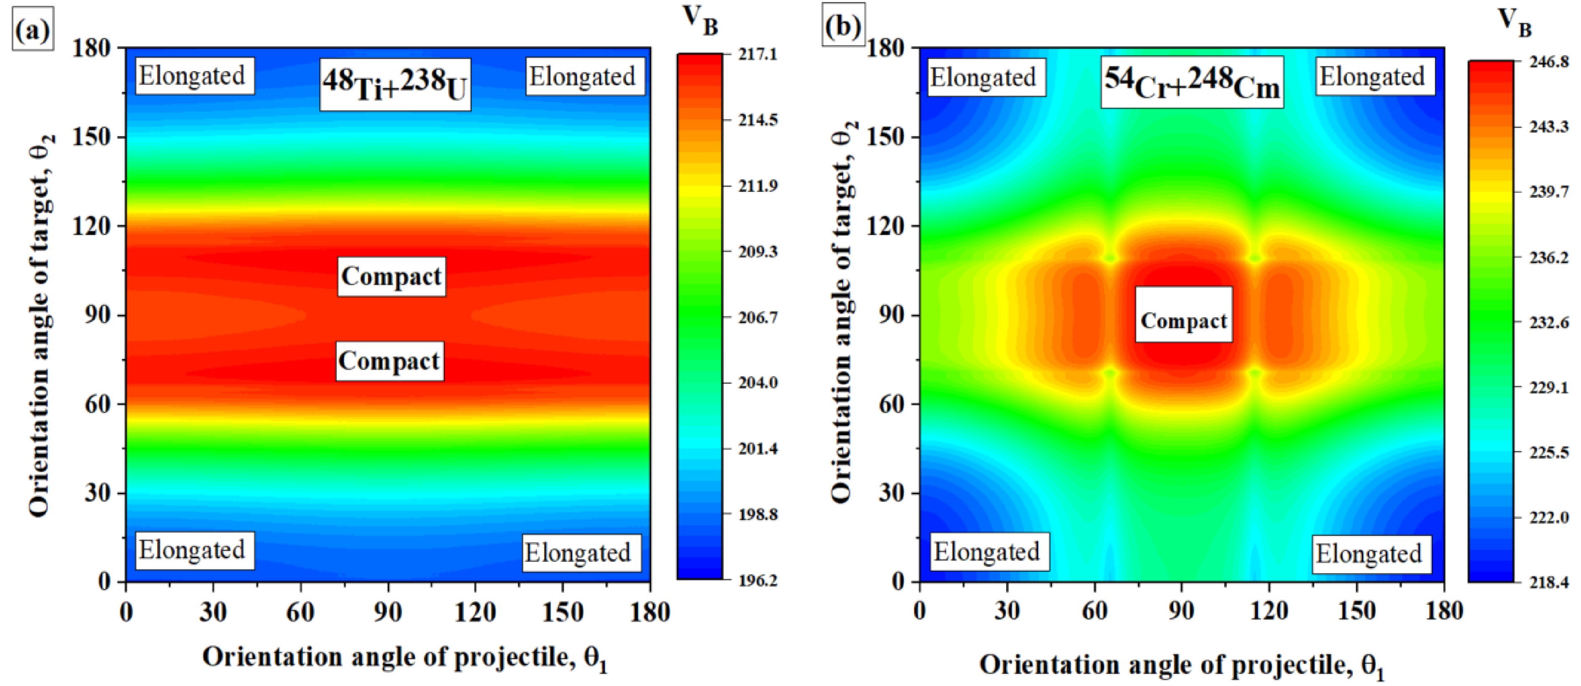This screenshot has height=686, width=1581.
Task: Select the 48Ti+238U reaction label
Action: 395,85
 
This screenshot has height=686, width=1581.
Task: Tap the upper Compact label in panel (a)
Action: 391,277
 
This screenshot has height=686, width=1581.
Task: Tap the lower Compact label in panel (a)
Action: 389,361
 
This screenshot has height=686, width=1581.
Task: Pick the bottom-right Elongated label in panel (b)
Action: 1369,554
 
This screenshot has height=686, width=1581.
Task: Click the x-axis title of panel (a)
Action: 405,658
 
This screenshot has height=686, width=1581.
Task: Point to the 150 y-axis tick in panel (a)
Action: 96,137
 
